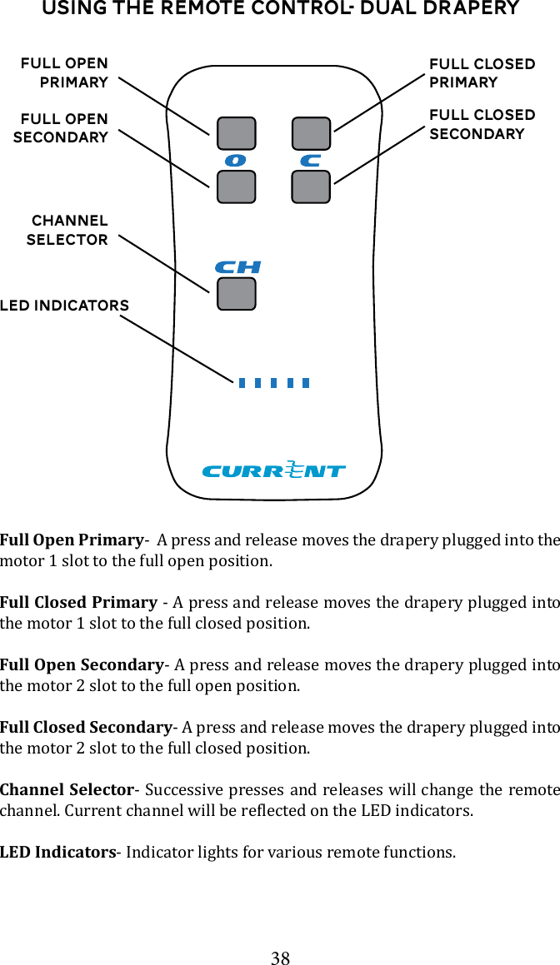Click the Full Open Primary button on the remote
[x=236, y=134]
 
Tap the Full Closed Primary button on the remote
[x=311, y=134]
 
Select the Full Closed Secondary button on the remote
[x=311, y=187]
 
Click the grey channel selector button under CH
[x=236, y=294]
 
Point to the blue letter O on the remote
[x=235, y=160]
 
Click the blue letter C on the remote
[x=310, y=160]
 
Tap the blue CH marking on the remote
[x=237, y=267]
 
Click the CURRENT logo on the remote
[x=274, y=470]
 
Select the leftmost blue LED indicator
[x=242, y=383]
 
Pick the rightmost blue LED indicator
[x=306, y=383]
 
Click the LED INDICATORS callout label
[x=65, y=306]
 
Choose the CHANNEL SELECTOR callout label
[x=68, y=231]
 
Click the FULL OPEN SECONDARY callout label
[x=62, y=128]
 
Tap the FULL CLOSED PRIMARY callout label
[x=482, y=73]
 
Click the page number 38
[x=280, y=958]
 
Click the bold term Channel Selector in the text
[x=67, y=789]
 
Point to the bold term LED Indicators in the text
[x=57, y=852]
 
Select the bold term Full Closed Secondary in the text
[x=86, y=727]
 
